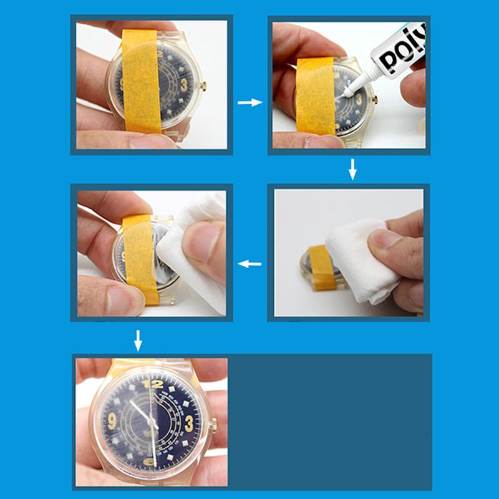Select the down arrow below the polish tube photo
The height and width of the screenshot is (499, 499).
[352, 169]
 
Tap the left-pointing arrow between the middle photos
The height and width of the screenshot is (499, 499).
[249, 264]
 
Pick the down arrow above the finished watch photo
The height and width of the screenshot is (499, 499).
[138, 340]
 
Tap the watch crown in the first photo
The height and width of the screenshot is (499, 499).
[204, 87]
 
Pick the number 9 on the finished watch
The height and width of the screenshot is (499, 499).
[113, 421]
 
